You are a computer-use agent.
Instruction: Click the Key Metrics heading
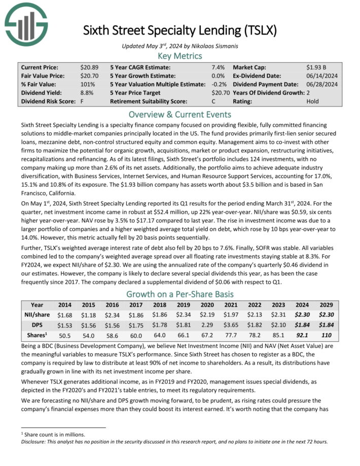pyautogui.click(x=179, y=56)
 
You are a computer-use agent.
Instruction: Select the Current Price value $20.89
pyautogui.click(x=89, y=67)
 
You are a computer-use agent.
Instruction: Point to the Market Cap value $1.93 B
pyautogui.click(x=318, y=67)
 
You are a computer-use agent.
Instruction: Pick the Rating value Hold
pyautogui.click(x=313, y=101)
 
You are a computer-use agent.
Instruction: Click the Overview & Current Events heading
pyautogui.click(x=179, y=114)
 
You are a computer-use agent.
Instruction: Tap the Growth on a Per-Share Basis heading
pyautogui.click(x=179, y=294)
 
